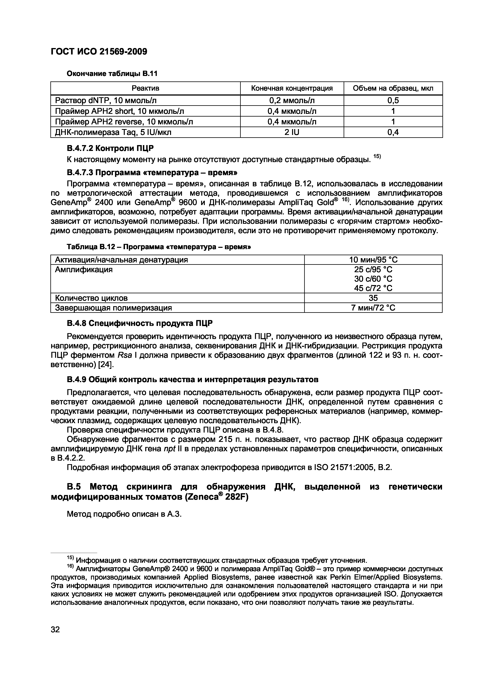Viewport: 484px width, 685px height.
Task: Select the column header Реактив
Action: click(145, 88)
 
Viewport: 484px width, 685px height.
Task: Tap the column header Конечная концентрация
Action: click(292, 88)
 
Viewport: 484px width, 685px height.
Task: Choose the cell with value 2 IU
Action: click(292, 132)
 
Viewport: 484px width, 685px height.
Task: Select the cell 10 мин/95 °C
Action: click(373, 260)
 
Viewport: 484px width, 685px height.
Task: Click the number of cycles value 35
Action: click(373, 298)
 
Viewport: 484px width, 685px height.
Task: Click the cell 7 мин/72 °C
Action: click(373, 308)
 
